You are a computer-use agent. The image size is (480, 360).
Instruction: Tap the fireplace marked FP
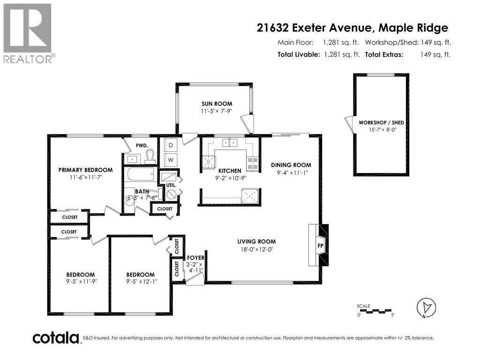[321, 245]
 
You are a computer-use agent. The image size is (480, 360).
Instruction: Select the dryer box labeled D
[171, 145]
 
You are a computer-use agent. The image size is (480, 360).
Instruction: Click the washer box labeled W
[171, 160]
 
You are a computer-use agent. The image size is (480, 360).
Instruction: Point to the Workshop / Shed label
[381, 122]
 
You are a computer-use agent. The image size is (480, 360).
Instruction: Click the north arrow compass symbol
[424, 307]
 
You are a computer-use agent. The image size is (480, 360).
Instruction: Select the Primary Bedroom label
[85, 170]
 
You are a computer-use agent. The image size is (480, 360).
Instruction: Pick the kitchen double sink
[230, 142]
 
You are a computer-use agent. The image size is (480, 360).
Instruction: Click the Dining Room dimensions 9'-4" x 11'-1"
[291, 172]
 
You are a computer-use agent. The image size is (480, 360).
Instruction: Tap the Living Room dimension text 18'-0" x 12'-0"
[255, 250]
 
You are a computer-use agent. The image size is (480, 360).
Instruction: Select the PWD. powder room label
[142, 146]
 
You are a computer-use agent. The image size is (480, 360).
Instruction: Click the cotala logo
[56, 337]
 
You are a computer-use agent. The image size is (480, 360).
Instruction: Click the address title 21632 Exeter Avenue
[314, 28]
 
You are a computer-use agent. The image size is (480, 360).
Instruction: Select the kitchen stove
[252, 163]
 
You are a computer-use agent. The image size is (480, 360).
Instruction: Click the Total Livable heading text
[299, 54]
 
